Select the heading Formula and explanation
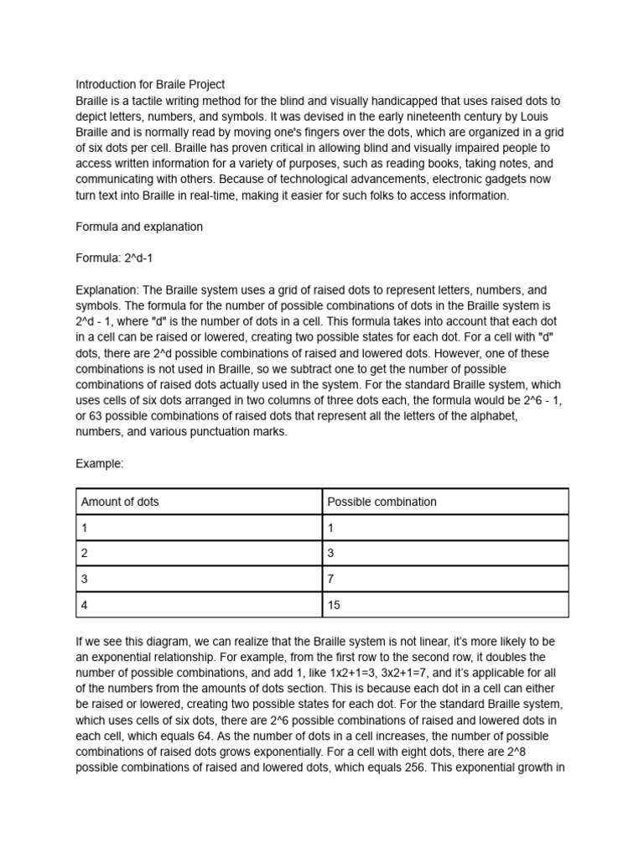(x=139, y=227)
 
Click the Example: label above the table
(x=100, y=464)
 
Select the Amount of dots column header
(x=120, y=502)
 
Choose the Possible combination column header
(x=382, y=502)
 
